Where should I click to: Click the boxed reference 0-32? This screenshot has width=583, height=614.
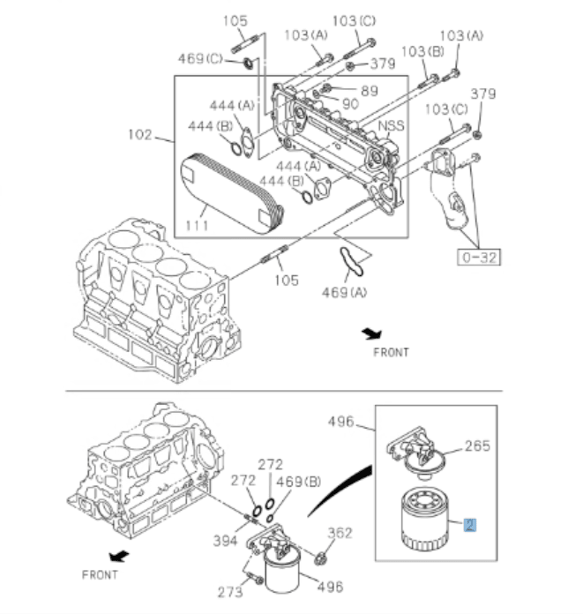coord(477,258)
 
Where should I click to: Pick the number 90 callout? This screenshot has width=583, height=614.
coord(350,103)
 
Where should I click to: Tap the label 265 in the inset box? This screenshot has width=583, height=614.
coord(477,446)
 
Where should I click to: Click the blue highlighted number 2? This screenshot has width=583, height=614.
coord(470,525)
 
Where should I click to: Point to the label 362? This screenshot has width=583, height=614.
coord(340,533)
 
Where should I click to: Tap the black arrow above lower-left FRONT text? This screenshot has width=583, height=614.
coord(118,557)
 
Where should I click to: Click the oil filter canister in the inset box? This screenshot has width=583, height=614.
coord(427,518)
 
